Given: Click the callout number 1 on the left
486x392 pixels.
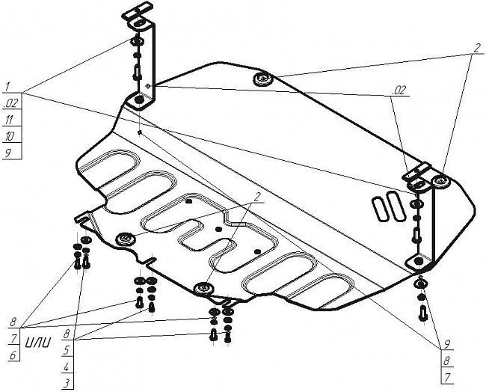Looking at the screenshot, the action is click(7, 86).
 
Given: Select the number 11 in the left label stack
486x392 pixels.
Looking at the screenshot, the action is click(9, 120).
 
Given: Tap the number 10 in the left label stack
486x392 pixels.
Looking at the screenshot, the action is click(10, 136).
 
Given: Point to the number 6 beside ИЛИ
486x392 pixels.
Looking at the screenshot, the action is click(13, 355).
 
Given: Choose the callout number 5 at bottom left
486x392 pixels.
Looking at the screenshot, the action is click(67, 350).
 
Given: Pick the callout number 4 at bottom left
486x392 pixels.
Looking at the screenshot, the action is click(67, 367).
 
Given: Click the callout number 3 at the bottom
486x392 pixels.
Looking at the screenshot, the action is click(67, 384).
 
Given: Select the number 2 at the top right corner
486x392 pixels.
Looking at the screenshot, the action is click(477, 48).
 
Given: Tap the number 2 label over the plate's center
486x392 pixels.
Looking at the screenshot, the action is click(257, 197).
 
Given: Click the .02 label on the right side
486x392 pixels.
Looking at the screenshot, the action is click(399, 91).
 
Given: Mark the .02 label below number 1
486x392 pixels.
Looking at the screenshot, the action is click(11, 103).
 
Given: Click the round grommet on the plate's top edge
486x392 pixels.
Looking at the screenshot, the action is click(263, 79).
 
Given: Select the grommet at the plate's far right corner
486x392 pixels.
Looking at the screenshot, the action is click(441, 181).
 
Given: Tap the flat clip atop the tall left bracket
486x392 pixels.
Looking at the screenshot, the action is click(138, 11).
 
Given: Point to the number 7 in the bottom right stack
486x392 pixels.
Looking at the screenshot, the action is click(447, 378).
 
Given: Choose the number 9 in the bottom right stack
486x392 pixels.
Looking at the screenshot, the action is click(447, 344).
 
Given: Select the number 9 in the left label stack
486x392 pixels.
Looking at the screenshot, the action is click(8, 153).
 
